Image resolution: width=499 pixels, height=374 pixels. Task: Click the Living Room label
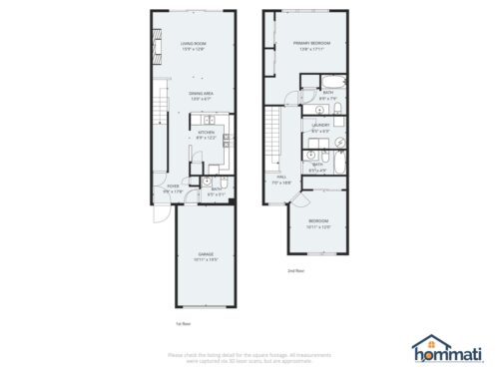193,44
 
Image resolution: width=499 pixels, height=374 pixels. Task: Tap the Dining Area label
202,93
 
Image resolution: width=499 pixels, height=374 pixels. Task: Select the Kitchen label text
207,132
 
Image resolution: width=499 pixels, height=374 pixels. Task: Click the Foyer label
174,185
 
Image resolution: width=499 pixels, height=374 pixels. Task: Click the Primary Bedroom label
311,44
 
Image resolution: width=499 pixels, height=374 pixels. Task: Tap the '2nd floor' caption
295,269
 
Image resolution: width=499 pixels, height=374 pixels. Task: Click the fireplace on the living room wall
156,46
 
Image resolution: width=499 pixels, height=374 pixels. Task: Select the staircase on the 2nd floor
269,135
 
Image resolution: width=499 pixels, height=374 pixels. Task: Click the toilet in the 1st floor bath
206,182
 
